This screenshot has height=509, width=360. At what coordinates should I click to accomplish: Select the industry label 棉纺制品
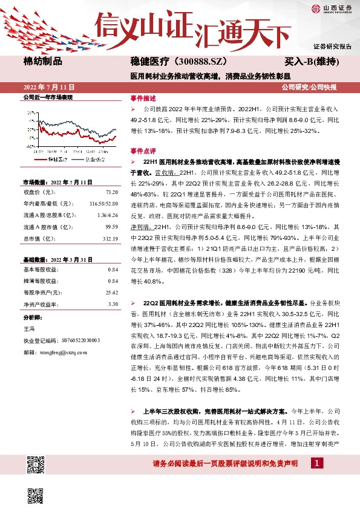point(42,61)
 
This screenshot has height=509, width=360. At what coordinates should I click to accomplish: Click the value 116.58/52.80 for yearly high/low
point(103,204)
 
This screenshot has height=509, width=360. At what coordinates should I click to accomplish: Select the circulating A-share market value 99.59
point(111,227)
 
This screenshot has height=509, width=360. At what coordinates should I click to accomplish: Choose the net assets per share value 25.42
point(111,292)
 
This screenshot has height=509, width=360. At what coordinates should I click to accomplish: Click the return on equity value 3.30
point(113,303)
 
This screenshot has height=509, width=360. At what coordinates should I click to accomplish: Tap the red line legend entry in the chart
point(54,160)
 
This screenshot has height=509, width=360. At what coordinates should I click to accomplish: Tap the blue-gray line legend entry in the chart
point(89,160)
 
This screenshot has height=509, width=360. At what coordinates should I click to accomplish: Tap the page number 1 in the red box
point(316,463)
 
